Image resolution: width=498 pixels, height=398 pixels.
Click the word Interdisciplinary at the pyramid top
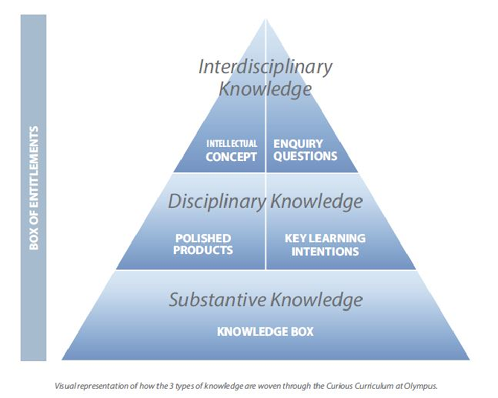click(265, 67)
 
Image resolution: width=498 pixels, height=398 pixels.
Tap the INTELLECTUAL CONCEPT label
click(231, 150)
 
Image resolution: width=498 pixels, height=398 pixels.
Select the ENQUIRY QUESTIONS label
click(305, 150)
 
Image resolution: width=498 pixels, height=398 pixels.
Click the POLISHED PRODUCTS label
click(203, 244)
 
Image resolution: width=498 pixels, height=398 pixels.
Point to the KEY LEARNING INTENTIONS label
click(325, 245)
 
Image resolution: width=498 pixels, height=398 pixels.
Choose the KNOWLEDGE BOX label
click(265, 331)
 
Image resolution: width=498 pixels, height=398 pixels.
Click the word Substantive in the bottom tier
click(218, 300)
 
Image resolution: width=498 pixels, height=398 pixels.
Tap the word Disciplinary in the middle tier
click(217, 202)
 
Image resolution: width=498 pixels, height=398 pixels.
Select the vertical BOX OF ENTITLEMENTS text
click(34, 188)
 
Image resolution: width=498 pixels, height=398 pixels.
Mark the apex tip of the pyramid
click(266, 20)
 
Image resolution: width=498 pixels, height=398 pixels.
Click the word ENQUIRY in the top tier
click(298, 144)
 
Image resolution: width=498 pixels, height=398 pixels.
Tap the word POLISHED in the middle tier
click(203, 238)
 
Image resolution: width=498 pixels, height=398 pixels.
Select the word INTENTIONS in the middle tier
click(325, 251)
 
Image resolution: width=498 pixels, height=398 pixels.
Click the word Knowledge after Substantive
click(316, 300)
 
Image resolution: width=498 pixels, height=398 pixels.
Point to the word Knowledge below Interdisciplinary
click(265, 89)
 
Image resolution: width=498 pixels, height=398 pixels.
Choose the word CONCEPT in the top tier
click(231, 157)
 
